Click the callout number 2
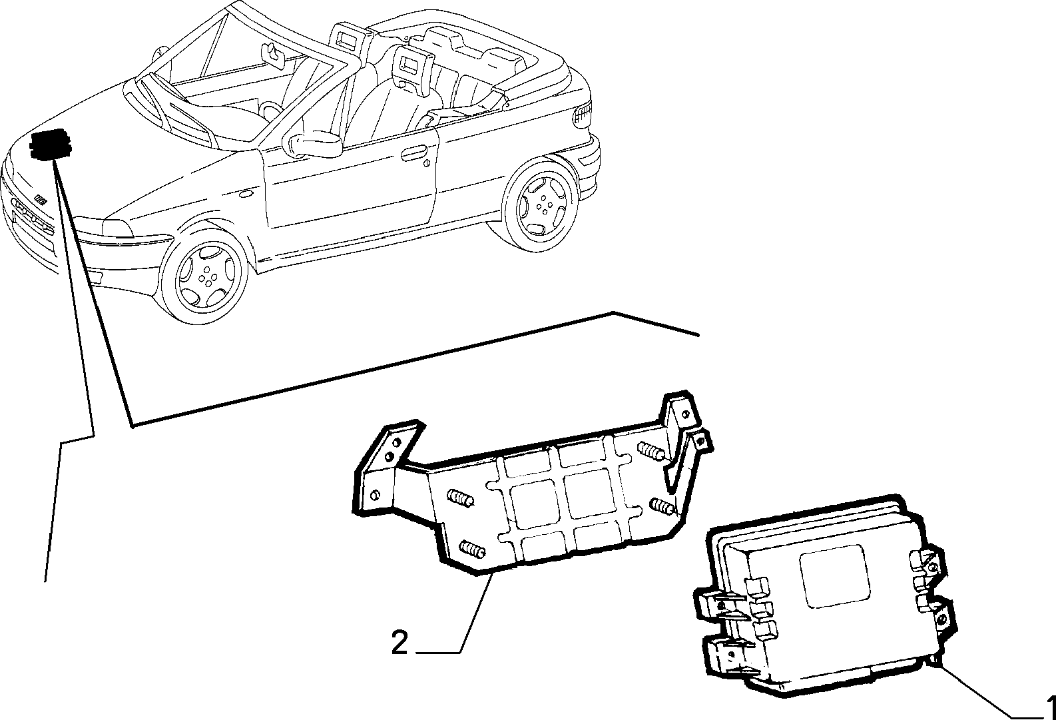[x=399, y=643]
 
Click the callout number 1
[x=1051, y=707]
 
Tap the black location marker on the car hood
[x=50, y=145]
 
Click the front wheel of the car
[x=204, y=278]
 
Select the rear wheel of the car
[x=541, y=205]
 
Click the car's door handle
[x=413, y=154]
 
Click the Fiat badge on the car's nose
[x=41, y=201]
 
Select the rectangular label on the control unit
[x=835, y=576]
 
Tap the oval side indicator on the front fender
[x=246, y=193]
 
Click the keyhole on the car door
[x=426, y=163]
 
